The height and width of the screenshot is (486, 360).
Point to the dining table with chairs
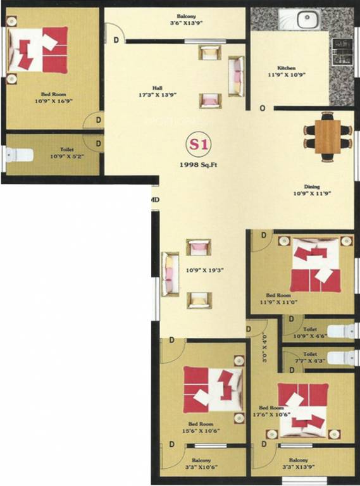(327, 134)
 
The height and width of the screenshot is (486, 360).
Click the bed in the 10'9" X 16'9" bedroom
(39, 51)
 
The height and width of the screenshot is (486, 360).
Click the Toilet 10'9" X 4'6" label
(310, 333)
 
